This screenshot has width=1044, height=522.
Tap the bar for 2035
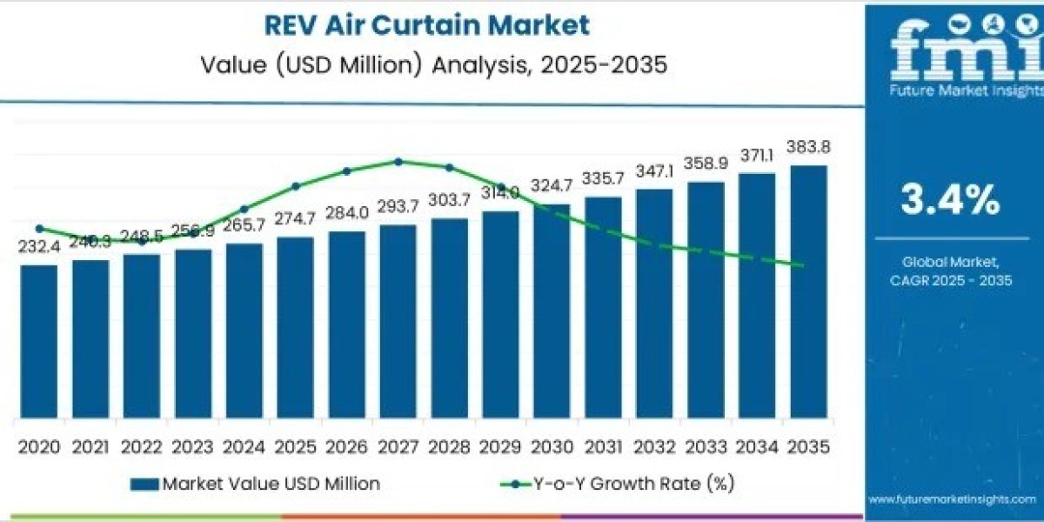click(x=808, y=291)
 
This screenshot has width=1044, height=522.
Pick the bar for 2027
click(x=398, y=321)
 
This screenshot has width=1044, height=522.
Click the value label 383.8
click(x=808, y=148)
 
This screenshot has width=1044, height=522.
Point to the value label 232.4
click(x=39, y=248)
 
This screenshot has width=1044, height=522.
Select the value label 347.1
click(x=654, y=171)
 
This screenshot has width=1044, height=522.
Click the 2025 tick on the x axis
click(x=295, y=447)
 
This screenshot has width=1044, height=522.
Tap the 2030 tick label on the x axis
click(x=552, y=447)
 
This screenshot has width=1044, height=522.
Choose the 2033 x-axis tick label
click(x=706, y=447)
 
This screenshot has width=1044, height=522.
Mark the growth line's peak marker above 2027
click(x=398, y=161)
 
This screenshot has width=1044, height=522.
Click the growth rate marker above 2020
click(x=39, y=229)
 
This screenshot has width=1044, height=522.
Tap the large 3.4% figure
click(x=950, y=201)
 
